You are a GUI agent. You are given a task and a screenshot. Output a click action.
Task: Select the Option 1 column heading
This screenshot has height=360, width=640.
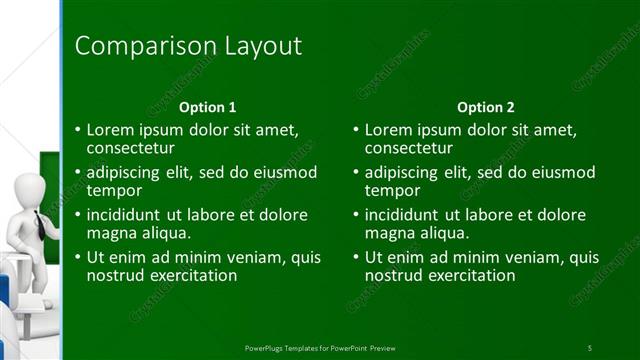pyautogui.click(x=207, y=107)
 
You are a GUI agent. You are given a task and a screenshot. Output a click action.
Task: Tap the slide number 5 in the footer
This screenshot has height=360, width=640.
pyautogui.click(x=589, y=346)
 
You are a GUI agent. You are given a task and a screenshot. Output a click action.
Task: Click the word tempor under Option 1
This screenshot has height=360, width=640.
pyautogui.click(x=114, y=190)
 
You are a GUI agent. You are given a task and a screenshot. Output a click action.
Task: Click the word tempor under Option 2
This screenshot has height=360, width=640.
pyautogui.click(x=392, y=190)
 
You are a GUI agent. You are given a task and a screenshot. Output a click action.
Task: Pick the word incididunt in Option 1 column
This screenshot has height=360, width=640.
pyautogui.click(x=128, y=214)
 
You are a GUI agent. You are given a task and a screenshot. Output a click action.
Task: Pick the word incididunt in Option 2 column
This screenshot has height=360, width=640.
pyautogui.click(x=406, y=214)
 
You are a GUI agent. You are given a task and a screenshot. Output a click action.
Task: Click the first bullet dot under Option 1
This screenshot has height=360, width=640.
pyautogui.click(x=78, y=130)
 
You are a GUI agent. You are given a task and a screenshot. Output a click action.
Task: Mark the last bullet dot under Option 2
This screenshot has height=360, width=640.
pyautogui.click(x=356, y=257)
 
